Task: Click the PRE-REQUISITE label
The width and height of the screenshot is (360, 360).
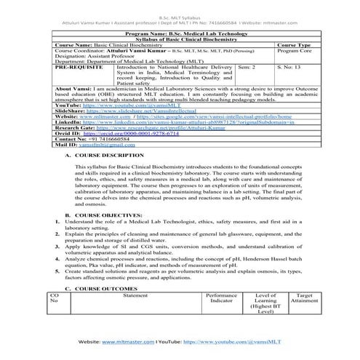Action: point(76,66)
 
